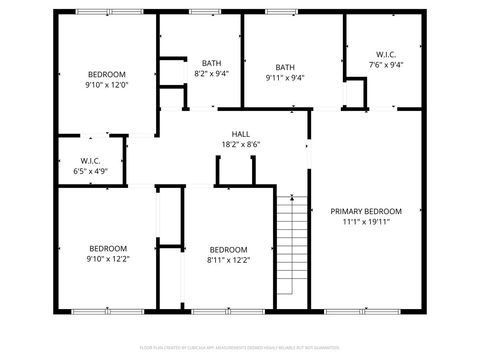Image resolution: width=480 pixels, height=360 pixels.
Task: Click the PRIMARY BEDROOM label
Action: (366, 211)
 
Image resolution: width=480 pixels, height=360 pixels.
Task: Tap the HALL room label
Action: (240, 134)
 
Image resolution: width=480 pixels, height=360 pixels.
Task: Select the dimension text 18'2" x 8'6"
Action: (240, 145)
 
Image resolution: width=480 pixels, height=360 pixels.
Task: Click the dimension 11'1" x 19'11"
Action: (366, 222)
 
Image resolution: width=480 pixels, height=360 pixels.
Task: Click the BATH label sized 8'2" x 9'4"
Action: (211, 63)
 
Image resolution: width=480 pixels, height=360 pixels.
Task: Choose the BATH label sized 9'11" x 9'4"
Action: (285, 67)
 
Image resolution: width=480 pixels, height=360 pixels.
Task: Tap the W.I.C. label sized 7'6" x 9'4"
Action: (385, 54)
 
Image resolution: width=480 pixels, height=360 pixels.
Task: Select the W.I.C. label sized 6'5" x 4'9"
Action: (90, 160)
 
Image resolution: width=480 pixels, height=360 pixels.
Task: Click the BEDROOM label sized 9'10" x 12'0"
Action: (107, 75)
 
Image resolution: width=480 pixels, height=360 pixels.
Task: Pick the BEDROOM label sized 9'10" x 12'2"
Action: (107, 248)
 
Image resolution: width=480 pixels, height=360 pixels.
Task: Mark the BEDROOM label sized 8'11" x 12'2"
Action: (228, 249)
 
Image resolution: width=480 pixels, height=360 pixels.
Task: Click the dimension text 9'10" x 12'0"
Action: (107, 86)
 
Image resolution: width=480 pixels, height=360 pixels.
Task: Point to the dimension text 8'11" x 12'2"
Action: (228, 260)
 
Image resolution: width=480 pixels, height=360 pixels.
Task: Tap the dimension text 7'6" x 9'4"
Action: (385, 65)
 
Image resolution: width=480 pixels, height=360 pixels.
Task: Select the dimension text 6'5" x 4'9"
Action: (90, 171)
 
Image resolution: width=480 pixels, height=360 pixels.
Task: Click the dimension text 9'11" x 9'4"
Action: (285, 78)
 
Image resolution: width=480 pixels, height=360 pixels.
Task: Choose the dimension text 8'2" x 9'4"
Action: (211, 74)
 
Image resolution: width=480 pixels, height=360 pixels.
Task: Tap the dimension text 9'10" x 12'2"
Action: (107, 259)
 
